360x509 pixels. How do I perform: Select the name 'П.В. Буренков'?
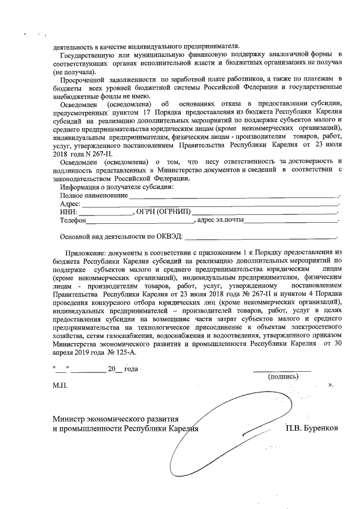(312, 429)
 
